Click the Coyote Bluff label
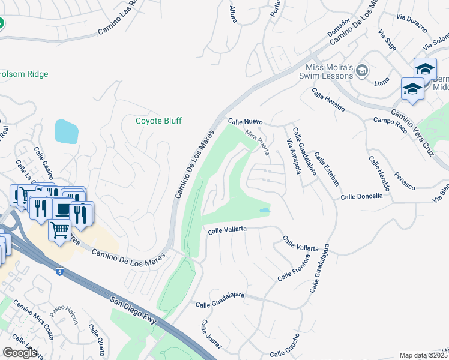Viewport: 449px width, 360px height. (158, 121)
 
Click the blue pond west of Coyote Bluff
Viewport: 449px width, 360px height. (66, 131)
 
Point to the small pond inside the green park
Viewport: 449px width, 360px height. (265, 210)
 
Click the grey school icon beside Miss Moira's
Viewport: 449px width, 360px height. (361, 71)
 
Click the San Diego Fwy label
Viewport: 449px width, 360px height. (133, 310)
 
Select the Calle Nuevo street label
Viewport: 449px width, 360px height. (246, 121)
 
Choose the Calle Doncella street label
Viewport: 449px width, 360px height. (361, 197)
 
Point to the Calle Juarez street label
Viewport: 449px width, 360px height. (211, 334)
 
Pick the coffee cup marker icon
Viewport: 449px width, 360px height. (62, 208)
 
